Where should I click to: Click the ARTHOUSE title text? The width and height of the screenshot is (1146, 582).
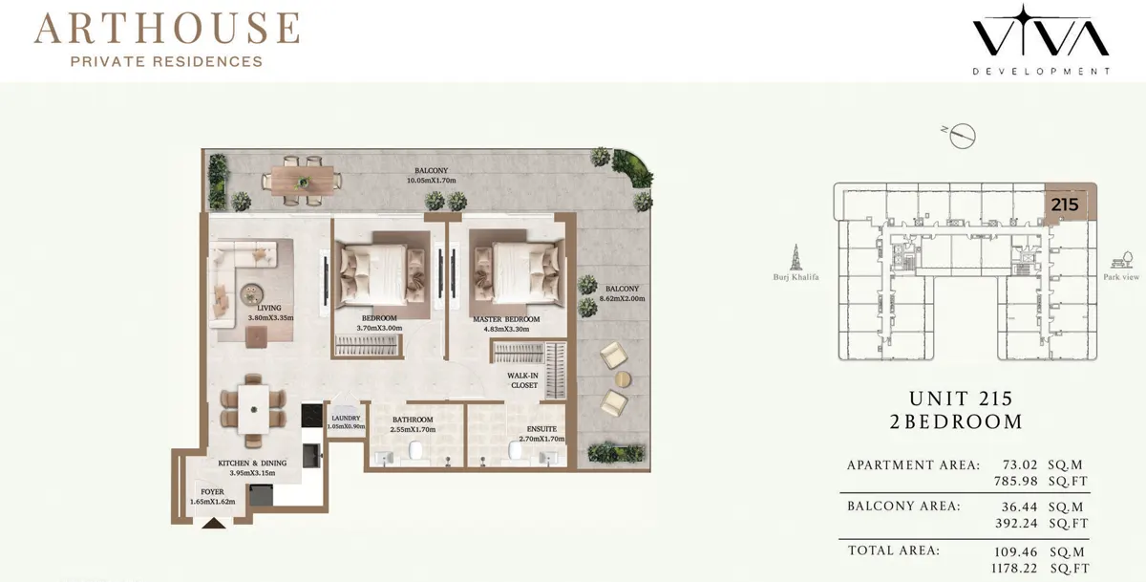(x=167, y=28)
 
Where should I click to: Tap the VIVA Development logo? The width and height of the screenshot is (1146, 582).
(x=1041, y=39)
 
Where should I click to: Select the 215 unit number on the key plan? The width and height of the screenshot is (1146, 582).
(x=1065, y=205)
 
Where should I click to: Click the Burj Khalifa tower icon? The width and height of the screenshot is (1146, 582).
(x=796, y=257)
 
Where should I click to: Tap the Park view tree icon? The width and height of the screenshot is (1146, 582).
(x=1122, y=260)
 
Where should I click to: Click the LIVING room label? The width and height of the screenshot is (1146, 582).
(x=269, y=308)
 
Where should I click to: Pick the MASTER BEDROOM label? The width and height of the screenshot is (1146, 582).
(x=506, y=319)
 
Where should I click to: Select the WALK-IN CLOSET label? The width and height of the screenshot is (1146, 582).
(x=523, y=380)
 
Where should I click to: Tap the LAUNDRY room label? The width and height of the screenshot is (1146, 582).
(x=346, y=419)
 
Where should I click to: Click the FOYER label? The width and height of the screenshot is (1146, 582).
(x=212, y=492)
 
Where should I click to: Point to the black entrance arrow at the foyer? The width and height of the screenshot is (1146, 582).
(x=214, y=523)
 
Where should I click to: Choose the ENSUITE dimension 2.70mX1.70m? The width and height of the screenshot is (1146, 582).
(x=541, y=439)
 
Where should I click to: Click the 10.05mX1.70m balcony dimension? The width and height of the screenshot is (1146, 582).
(x=432, y=181)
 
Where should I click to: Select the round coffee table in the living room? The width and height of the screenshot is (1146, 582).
(x=252, y=294)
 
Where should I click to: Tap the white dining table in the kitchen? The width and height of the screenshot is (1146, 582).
(x=254, y=409)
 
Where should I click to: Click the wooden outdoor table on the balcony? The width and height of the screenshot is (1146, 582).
(x=303, y=181)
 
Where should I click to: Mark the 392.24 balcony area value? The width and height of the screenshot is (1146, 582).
(x=1016, y=523)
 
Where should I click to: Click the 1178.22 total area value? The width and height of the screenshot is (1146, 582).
(x=1014, y=569)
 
